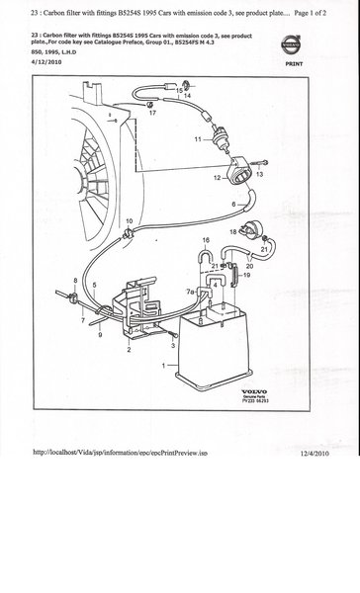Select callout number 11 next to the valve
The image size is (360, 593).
(197, 137)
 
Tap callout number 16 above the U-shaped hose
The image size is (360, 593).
(206, 240)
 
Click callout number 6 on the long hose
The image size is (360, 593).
(233, 205)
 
